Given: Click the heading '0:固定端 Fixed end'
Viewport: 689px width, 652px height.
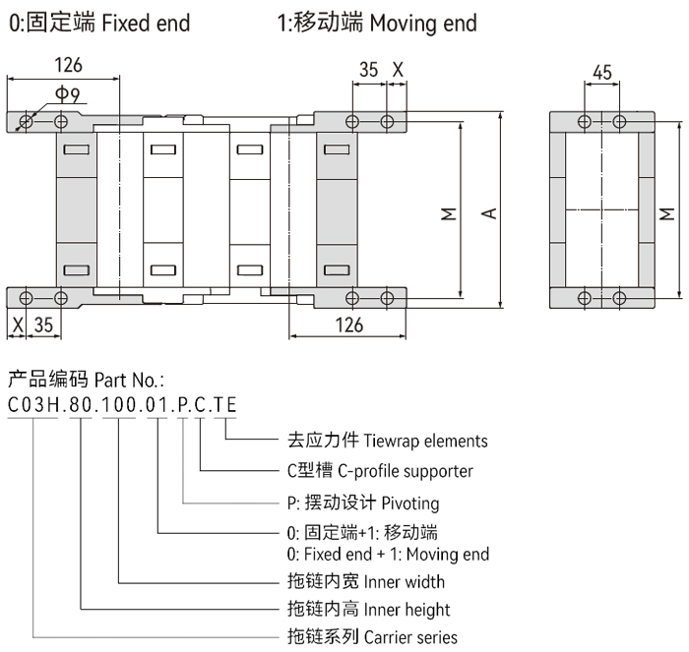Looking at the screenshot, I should (x=99, y=22).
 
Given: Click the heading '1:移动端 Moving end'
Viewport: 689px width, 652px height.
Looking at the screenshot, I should (x=378, y=22).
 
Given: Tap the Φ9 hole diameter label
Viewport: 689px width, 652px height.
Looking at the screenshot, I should (x=68, y=94).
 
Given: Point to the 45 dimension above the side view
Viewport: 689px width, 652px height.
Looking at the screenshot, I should (x=602, y=71).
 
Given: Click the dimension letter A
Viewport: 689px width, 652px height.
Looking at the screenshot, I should (x=488, y=211).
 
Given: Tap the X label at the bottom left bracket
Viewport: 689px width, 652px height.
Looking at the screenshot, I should (x=17, y=325).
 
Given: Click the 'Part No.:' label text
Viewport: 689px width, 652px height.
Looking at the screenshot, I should (x=129, y=379).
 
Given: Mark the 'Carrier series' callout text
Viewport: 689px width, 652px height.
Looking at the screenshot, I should (x=410, y=637).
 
